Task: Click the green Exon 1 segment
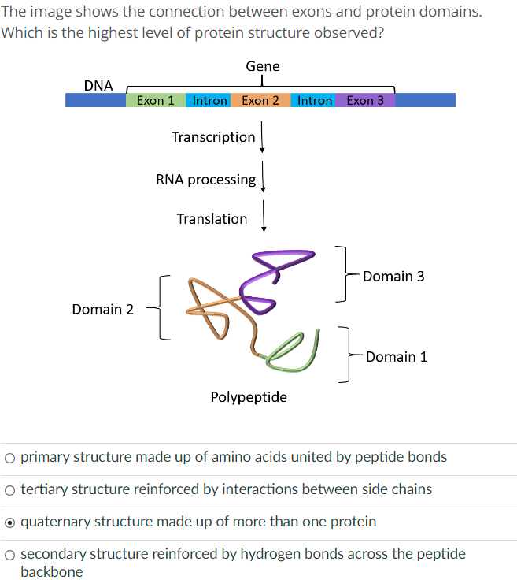pyautogui.click(x=156, y=100)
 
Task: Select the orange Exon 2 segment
pyautogui.click(x=260, y=100)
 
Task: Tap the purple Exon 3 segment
pyautogui.click(x=365, y=100)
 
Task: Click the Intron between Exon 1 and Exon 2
pyautogui.click(x=209, y=100)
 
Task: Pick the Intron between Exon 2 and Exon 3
pyautogui.click(x=314, y=100)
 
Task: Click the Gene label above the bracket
pyautogui.click(x=262, y=66)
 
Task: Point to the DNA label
pyautogui.click(x=98, y=85)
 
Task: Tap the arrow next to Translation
pyautogui.click(x=264, y=219)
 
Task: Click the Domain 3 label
pyautogui.click(x=393, y=276)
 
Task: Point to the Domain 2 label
pyautogui.click(x=102, y=310)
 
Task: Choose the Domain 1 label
pyautogui.click(x=397, y=357)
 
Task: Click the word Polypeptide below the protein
pyautogui.click(x=249, y=397)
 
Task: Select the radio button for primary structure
pyautogui.click(x=9, y=457)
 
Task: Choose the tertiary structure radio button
pyautogui.click(x=9, y=489)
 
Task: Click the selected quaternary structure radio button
pyautogui.click(x=9, y=522)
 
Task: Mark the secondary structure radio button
pyautogui.click(x=9, y=555)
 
